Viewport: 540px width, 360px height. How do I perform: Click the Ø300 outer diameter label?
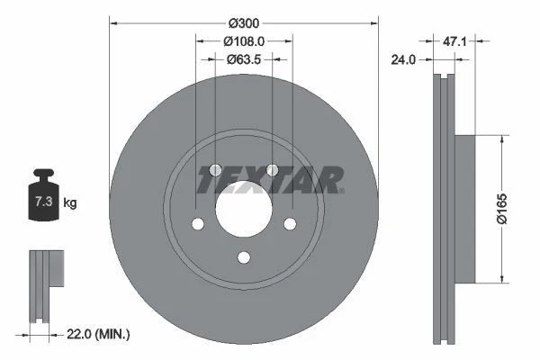(x=243, y=22)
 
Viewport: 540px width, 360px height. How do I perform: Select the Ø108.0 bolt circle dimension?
(x=243, y=40)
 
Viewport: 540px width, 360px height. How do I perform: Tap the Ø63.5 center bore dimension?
(x=243, y=59)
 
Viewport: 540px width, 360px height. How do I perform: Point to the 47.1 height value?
(x=454, y=40)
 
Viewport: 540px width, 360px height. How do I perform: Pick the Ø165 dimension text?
(x=509, y=212)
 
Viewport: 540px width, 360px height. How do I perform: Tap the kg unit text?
(x=70, y=203)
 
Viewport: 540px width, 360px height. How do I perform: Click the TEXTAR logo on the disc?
(x=270, y=180)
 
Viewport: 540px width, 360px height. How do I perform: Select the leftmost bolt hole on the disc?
(x=197, y=225)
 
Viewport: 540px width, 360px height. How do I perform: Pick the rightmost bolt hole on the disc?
(x=289, y=225)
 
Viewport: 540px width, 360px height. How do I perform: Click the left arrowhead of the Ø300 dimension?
(x=113, y=22)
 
